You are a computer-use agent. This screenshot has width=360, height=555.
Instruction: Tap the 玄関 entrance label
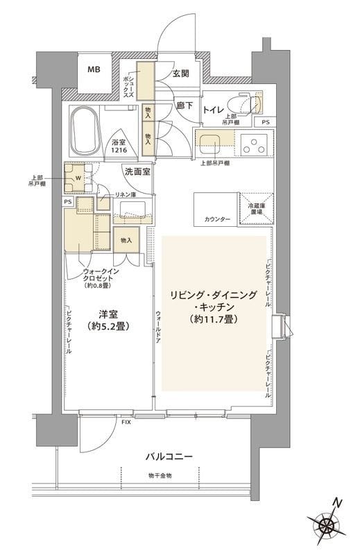pyautogui.click(x=182, y=74)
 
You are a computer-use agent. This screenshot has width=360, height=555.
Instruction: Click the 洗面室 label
pyautogui.click(x=137, y=171)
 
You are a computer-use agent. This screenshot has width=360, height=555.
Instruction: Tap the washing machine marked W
pyautogui.click(x=78, y=178)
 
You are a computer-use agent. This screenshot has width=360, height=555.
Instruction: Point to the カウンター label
pyautogui.click(x=218, y=219)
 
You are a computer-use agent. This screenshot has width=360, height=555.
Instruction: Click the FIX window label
pyautogui.click(x=126, y=422)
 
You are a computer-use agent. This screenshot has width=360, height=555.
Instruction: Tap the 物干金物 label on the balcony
pyautogui.click(x=159, y=475)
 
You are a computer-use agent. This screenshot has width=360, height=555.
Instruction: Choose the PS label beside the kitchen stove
pyautogui.click(x=266, y=122)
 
